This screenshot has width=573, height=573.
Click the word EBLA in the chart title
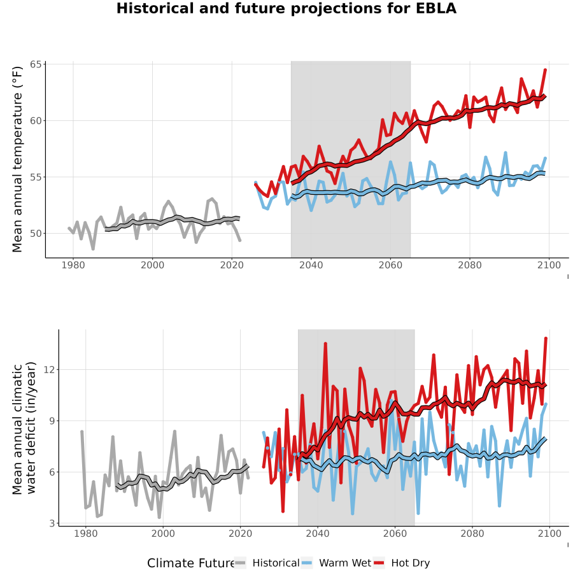[436, 8]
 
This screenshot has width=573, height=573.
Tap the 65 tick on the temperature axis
[36, 65]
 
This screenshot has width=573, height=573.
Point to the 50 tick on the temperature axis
[36, 233]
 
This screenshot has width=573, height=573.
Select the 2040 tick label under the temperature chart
[311, 265]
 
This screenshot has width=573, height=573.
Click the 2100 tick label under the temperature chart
[549, 265]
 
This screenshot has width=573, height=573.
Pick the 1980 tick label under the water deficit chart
[86, 534]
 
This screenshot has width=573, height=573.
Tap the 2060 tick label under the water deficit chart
[395, 534]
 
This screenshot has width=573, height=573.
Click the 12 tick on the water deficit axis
[49, 369]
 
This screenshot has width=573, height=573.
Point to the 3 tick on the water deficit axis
[52, 523]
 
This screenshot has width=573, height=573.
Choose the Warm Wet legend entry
[336, 563]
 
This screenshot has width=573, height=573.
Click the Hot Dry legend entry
[402, 563]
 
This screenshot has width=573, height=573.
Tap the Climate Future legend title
[191, 563]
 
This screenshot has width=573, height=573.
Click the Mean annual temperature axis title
[17, 159]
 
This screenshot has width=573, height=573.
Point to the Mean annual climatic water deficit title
[24, 428]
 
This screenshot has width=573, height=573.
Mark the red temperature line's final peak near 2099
[545, 69]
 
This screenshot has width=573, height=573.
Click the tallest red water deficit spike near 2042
[325, 344]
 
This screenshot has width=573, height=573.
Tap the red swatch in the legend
[379, 563]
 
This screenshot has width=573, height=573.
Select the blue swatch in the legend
[307, 563]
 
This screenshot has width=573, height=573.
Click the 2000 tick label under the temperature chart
[152, 265]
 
